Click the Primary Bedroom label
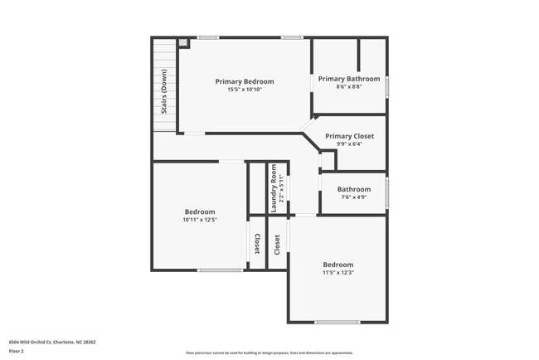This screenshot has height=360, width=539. tap(245, 81)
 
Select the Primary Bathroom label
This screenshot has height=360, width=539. tap(349, 79)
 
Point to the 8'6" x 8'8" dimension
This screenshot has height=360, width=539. tap(349, 86)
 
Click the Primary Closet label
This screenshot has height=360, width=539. tap(349, 136)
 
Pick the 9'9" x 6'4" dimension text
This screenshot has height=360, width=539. tap(349, 144)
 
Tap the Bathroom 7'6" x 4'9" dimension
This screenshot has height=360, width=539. tap(354, 197)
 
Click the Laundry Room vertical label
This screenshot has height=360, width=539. tap(274, 187)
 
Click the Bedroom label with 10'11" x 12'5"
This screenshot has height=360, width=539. tap(200, 212)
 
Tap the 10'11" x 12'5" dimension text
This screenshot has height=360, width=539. tap(200, 220)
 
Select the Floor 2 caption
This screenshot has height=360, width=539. tap(17, 351)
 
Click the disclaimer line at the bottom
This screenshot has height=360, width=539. tap(269, 353)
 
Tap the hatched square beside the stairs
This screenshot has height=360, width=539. tap(183, 43)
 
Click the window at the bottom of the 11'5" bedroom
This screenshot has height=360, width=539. tap(337, 322)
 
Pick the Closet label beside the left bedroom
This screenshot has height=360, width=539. tap(257, 244)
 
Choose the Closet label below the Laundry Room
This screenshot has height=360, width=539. tap(277, 244)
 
